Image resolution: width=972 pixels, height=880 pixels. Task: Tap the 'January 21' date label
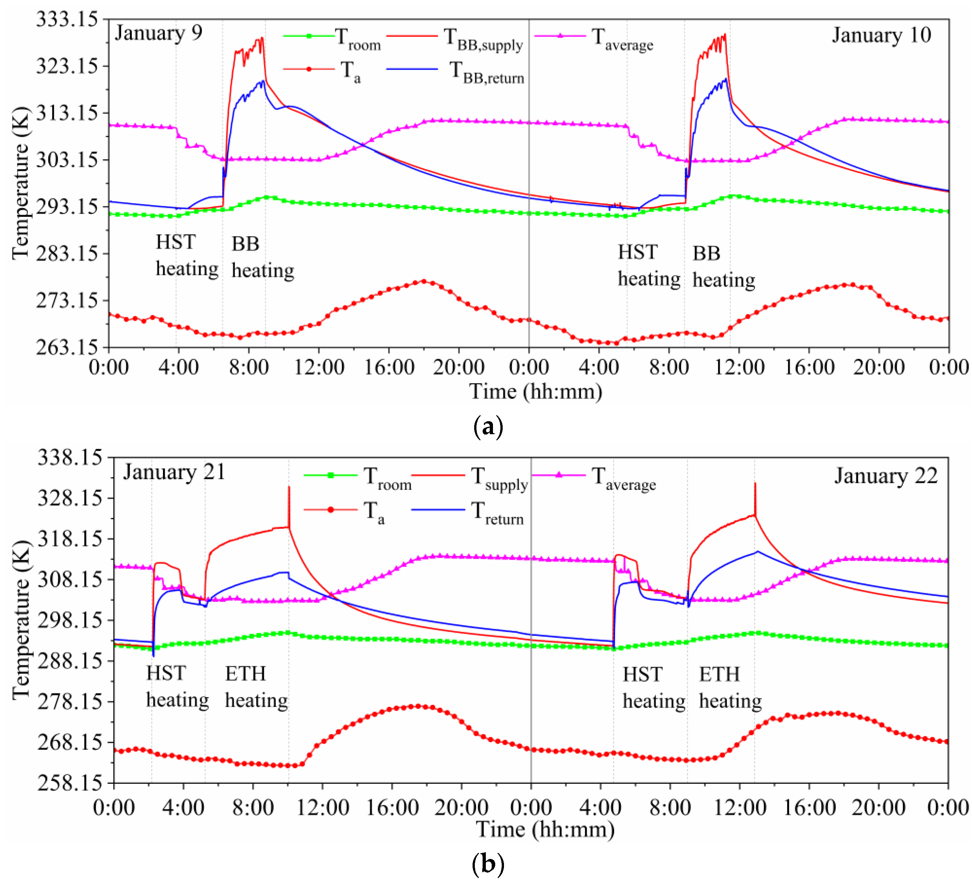(x=174, y=472)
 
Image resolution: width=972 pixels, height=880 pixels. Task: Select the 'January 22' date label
(x=886, y=476)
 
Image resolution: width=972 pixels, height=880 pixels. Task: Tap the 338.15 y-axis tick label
(x=70, y=457)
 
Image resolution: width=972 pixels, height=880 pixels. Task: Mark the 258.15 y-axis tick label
(x=70, y=782)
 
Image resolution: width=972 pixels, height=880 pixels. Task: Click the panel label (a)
(x=488, y=426)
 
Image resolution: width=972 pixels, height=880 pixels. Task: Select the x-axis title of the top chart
(x=536, y=391)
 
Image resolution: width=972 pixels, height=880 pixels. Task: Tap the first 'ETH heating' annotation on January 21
(x=256, y=687)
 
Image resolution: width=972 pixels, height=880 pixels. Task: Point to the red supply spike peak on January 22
(x=755, y=484)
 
